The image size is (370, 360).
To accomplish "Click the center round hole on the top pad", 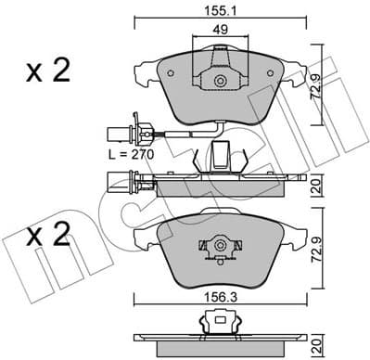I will pos(220,81).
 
